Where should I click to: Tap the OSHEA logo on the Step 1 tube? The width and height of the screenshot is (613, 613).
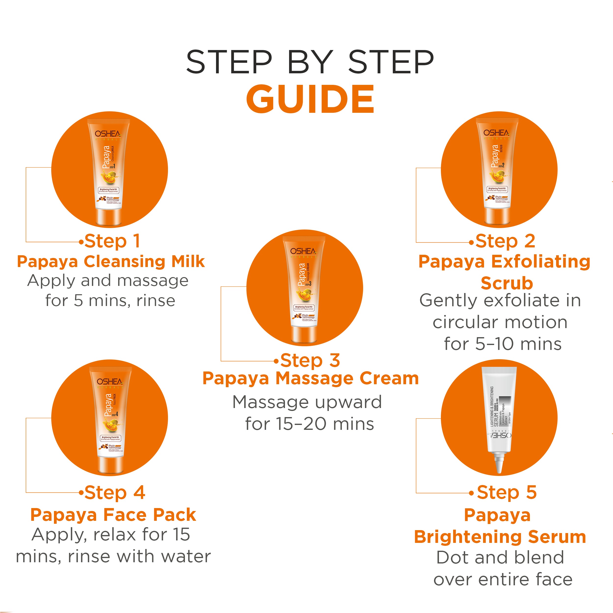108,134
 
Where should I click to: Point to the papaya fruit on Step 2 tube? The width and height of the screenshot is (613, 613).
498,176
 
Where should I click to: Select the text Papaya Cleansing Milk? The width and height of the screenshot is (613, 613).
111,262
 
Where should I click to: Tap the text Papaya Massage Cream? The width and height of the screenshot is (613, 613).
311,379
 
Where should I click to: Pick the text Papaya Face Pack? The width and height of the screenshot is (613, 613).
113,515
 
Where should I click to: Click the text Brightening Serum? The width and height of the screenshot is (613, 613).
500,537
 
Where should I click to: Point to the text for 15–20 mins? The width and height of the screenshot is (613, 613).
309,424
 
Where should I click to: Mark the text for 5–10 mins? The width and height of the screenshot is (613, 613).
503,344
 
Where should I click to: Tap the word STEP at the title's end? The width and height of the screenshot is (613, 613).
391,62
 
